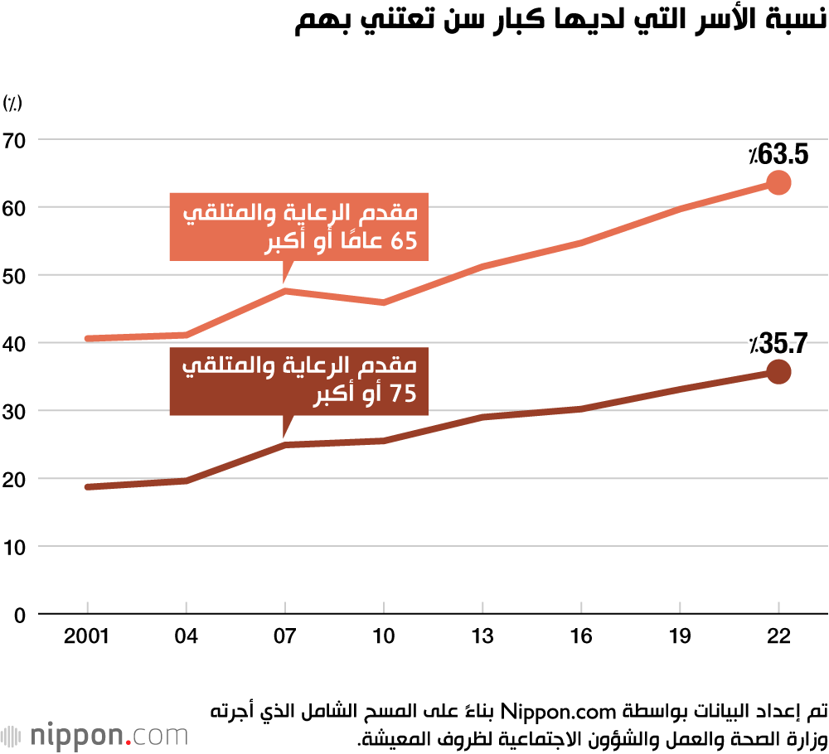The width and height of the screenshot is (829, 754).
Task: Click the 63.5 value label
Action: (x=777, y=154)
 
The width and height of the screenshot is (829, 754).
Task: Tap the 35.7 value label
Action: (x=777, y=342)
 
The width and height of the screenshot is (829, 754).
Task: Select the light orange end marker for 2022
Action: (x=778, y=182)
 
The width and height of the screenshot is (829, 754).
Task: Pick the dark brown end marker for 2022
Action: (x=778, y=372)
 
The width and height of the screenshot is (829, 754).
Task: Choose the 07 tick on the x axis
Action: (x=285, y=636)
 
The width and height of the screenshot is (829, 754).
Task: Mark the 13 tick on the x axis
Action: (x=482, y=636)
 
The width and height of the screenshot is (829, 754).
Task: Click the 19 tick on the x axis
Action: (x=681, y=636)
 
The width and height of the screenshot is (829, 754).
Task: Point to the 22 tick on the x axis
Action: (x=779, y=636)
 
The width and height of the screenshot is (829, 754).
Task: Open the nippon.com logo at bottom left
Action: (x=95, y=735)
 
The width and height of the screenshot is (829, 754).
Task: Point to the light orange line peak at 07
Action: (x=285, y=290)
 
